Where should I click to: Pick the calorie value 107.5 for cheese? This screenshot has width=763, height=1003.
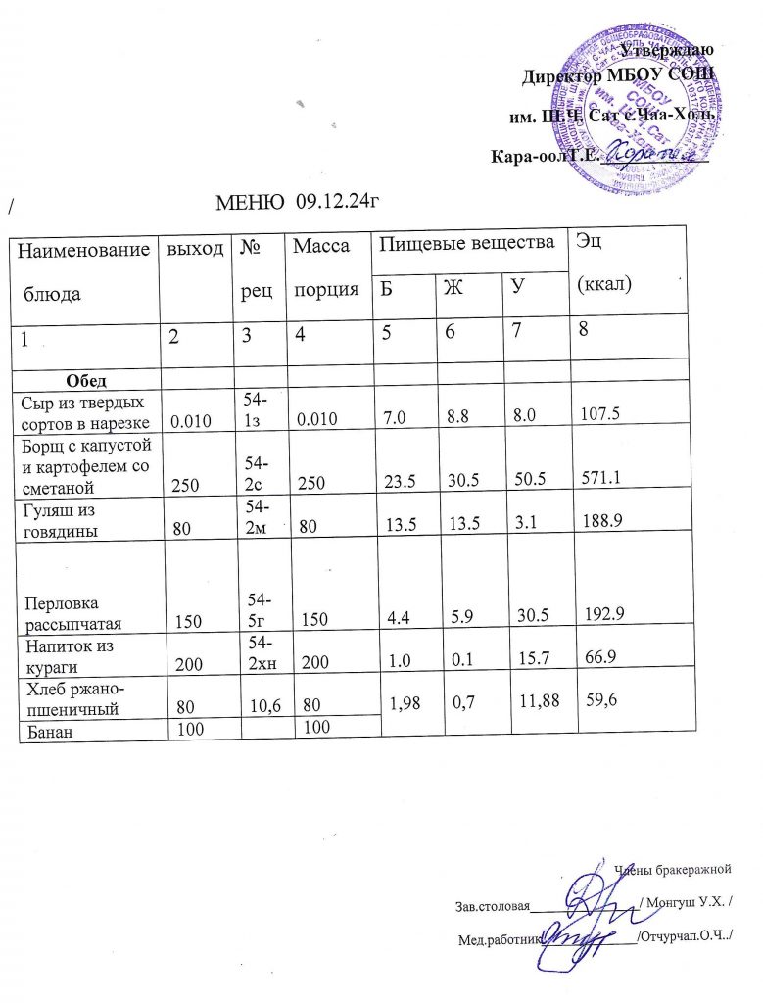coord(603,414)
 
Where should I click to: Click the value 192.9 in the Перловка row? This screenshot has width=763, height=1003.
coord(605,615)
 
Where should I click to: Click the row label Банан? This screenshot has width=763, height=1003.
coord(49,728)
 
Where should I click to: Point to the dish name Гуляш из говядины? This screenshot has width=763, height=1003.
coord(65,517)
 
